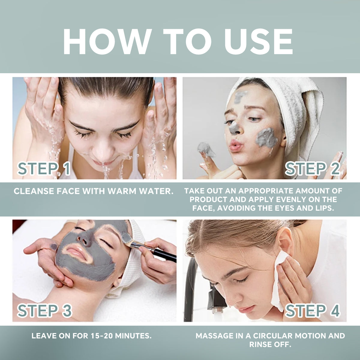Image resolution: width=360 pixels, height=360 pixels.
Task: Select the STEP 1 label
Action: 44,169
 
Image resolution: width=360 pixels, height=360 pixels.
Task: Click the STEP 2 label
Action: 312,169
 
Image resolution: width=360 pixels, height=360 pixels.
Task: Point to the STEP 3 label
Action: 44,310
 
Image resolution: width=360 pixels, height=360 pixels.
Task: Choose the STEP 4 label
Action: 312,310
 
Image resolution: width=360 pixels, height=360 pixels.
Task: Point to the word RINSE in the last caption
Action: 260,344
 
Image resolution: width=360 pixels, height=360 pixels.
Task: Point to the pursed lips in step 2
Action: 235,146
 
